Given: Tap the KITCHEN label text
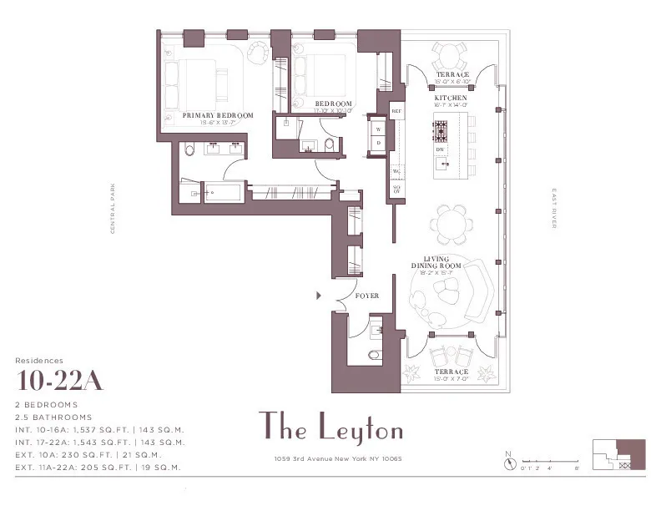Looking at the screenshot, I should click(x=451, y=99).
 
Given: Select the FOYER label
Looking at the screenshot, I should click(x=367, y=296).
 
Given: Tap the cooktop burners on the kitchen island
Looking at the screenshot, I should click(x=441, y=129).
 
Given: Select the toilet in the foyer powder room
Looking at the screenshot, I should click(x=373, y=355).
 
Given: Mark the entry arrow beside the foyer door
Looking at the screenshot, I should click(x=318, y=295).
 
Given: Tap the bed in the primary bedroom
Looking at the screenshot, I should click(x=200, y=82).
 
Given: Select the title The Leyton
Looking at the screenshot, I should click(x=330, y=428).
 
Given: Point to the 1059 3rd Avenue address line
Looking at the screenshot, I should click(x=330, y=458).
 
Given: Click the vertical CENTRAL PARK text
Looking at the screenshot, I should click(x=113, y=208).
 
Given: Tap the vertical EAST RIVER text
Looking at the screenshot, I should click(x=553, y=209).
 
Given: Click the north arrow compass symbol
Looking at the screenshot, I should click(x=508, y=459).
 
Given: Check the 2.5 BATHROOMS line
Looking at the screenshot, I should click(x=53, y=417).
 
